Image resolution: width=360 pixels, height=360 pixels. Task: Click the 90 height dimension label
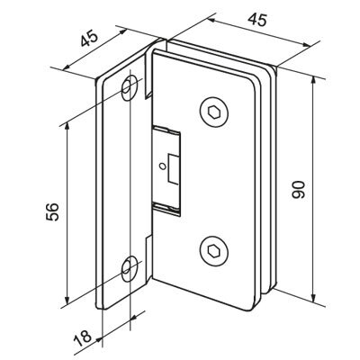coord(298,190)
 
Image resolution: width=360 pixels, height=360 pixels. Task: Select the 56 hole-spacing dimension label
coord(52,212)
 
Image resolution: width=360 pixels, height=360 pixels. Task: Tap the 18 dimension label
coord(83,337)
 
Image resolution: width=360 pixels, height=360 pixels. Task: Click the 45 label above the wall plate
coord(89,39)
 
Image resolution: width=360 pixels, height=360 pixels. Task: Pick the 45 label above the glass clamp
coord(257,20)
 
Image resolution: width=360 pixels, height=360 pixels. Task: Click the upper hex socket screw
coord(214,112)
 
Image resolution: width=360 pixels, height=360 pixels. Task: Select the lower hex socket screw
coord(214,251)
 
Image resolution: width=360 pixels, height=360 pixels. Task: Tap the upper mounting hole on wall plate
coord(129,88)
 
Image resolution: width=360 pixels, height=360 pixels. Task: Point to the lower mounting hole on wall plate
coord(129,269)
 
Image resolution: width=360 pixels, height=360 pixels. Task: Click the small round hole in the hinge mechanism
coord(163,166)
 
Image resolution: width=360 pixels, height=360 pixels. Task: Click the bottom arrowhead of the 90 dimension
coord(314,299)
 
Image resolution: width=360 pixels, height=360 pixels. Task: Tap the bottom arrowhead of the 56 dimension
coord(67,299)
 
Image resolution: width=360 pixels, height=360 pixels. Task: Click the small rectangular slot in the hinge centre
coord(173,168)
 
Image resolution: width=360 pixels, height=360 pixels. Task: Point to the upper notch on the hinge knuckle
coord(148,92)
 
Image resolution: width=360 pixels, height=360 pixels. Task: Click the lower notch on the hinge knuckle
coord(149,242)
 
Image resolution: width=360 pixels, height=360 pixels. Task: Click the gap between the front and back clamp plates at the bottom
coord(264,292)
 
